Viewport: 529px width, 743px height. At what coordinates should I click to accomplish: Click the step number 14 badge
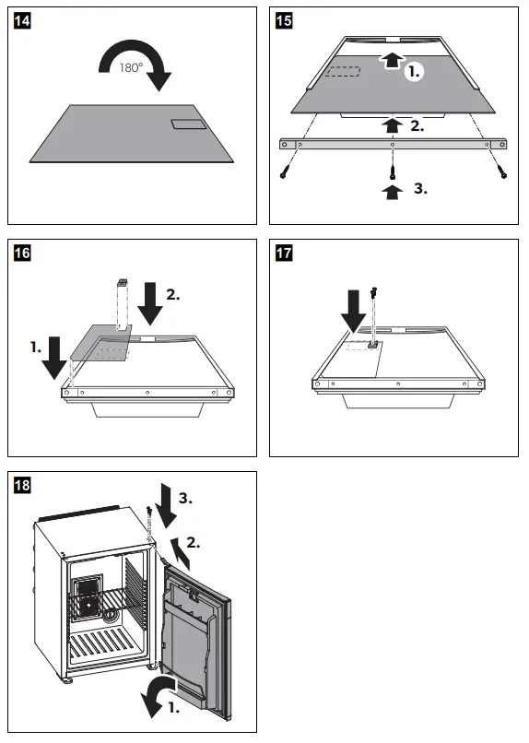pos(22,21)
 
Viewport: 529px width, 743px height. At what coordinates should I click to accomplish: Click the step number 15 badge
pos(284,21)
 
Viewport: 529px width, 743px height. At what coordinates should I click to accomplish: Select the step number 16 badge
pos(22,253)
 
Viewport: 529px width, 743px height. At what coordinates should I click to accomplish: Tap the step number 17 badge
pos(284,253)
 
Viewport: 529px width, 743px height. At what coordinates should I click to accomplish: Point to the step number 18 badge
pos(22,485)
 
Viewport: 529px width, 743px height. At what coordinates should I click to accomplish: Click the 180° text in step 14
pos(131,68)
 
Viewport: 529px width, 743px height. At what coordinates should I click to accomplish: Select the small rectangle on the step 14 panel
pos(189,124)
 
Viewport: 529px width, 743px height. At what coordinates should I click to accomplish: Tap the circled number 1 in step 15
pos(414,72)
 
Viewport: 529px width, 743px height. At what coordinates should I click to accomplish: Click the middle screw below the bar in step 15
pos(392,168)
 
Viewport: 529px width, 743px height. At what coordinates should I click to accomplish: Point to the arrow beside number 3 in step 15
pos(393,193)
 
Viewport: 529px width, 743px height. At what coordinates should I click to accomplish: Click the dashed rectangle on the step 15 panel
pos(343,72)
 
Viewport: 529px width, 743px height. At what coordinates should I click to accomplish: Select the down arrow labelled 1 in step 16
pos(54,358)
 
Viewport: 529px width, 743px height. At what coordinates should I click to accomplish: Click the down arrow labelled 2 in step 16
pos(150,303)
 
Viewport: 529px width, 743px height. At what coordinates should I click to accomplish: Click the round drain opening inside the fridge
pos(112,614)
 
